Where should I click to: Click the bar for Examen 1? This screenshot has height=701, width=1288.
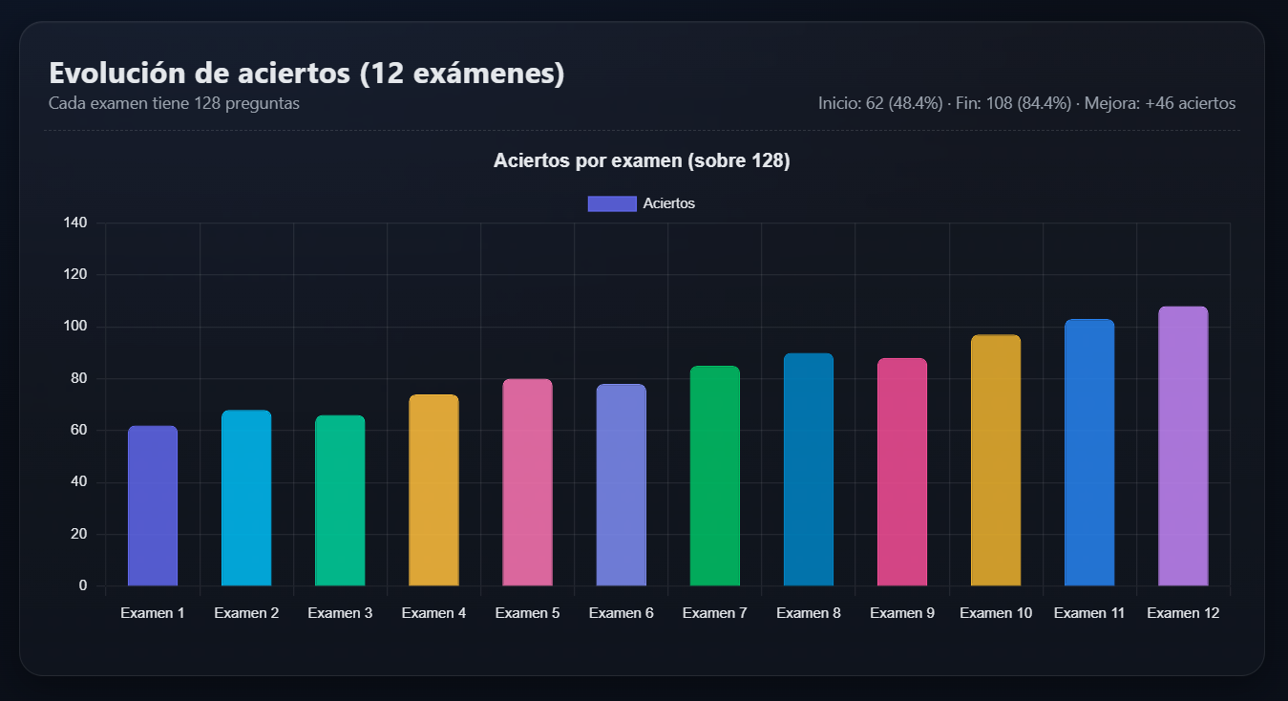(x=153, y=506)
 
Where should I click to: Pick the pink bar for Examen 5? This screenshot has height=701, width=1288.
(x=527, y=482)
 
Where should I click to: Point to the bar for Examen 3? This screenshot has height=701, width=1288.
(x=340, y=500)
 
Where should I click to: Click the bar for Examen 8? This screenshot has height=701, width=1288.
(x=808, y=470)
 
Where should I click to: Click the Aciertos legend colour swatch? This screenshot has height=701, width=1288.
(x=612, y=203)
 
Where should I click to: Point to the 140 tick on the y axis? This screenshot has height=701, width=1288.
(x=75, y=223)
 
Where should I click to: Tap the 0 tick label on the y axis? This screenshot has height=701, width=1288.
(x=83, y=585)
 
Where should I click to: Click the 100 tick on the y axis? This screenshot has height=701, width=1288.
(x=75, y=327)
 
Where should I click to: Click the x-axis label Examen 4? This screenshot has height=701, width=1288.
(x=433, y=613)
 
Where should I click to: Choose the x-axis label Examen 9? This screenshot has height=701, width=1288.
(x=902, y=613)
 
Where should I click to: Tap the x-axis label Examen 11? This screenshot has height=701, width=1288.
(x=1089, y=613)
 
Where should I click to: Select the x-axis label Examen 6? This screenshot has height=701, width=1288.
(x=621, y=613)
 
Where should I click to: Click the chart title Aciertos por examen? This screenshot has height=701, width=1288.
(x=642, y=161)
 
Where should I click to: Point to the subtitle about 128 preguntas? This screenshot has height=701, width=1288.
(x=174, y=103)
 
